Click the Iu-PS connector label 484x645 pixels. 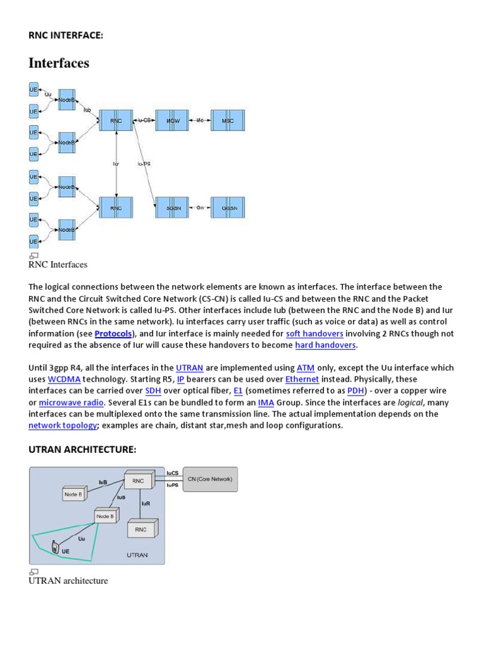click(144, 164)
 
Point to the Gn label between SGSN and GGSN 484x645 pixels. click(200, 207)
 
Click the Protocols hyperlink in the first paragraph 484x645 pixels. click(113, 333)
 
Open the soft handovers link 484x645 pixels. click(314, 333)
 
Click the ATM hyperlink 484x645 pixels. click(306, 368)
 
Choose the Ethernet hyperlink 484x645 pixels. click(302, 379)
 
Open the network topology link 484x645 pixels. click(62, 425)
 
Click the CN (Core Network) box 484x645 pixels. click(210, 479)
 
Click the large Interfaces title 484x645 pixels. click(59, 63)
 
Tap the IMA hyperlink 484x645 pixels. click(265, 402)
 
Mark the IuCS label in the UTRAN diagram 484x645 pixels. click(173, 472)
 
